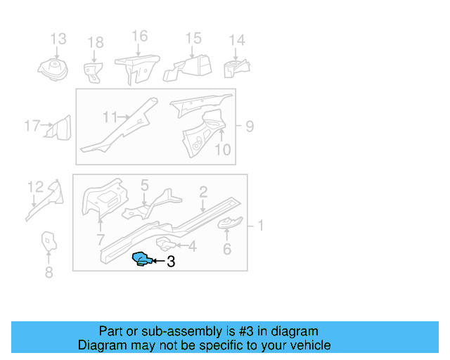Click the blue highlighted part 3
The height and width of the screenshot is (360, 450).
pyautogui.click(x=142, y=259)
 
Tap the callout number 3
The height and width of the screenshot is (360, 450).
pyautogui.click(x=170, y=262)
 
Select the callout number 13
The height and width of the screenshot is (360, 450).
pyautogui.click(x=58, y=39)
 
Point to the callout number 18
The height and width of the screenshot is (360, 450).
pyautogui.click(x=95, y=44)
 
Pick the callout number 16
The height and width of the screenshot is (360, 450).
pyautogui.click(x=139, y=36)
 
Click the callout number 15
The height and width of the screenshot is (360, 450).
pyautogui.click(x=193, y=39)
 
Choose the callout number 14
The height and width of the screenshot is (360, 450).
pyautogui.click(x=237, y=40)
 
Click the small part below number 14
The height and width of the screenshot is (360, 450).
pyautogui.click(x=236, y=70)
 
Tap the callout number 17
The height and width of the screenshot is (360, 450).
pyautogui.click(x=32, y=127)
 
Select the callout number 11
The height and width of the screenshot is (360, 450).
pyautogui.click(x=110, y=117)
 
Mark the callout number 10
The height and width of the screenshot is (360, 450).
pyautogui.click(x=222, y=149)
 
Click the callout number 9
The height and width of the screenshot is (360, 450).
pyautogui.click(x=250, y=127)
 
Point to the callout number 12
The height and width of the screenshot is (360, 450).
pyautogui.click(x=35, y=186)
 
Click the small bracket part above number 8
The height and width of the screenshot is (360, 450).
pyautogui.click(x=48, y=240)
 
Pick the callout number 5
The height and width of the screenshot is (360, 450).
pyautogui.click(x=144, y=186)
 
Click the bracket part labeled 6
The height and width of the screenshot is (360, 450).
pyautogui.click(x=229, y=224)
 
